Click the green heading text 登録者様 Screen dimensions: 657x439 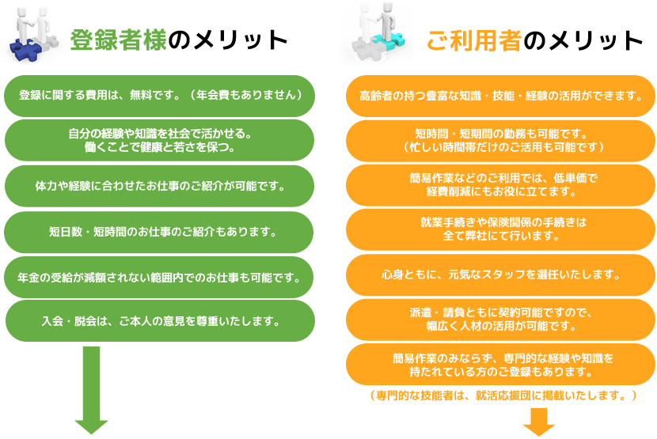click(x=119, y=40)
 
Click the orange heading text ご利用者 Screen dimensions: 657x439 click(x=474, y=41)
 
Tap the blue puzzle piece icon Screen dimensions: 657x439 click(x=25, y=48)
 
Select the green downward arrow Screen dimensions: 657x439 click(x=91, y=390)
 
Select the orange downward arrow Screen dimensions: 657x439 click(x=539, y=422)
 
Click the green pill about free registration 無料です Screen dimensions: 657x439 click(x=159, y=96)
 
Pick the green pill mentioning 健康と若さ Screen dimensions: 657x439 click(x=159, y=140)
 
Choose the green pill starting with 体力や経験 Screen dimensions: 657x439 click(x=159, y=186)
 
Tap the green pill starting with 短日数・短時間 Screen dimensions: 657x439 click(x=159, y=232)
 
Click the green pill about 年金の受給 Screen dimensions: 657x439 click(x=159, y=278)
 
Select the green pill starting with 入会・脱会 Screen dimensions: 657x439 click(x=160, y=321)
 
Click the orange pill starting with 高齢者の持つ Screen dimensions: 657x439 click(x=500, y=96)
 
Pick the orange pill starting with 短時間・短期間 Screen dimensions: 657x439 click(x=500, y=141)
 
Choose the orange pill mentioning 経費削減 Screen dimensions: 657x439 click(x=500, y=185)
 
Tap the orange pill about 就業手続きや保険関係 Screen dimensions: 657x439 click(x=500, y=229)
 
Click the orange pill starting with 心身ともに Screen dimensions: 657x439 click(x=500, y=274)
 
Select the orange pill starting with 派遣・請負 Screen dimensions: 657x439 click(x=500, y=320)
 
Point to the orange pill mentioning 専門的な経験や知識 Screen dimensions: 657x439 click(x=500, y=365)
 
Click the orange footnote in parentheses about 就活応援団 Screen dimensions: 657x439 click(x=503, y=395)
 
